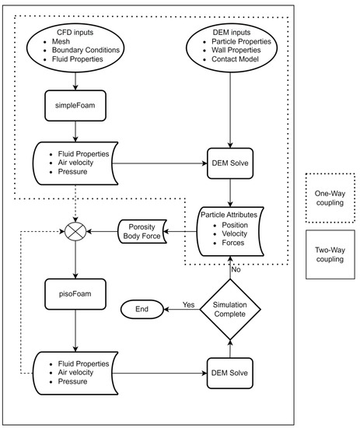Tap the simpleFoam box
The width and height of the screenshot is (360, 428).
pos(76,103)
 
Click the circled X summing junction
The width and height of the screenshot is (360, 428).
pos(76,232)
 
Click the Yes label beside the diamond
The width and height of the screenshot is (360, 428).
pos(188,303)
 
